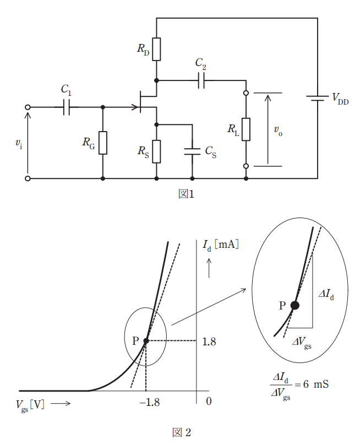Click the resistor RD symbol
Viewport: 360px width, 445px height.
156,50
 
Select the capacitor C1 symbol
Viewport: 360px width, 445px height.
67,107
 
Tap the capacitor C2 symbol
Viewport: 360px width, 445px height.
201,80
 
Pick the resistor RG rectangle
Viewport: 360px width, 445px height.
103,143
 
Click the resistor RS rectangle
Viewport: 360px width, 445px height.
156,151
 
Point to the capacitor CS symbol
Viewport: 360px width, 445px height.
192,151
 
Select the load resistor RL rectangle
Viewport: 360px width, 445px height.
246,129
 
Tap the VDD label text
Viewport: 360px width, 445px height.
340,99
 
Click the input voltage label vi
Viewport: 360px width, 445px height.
19,143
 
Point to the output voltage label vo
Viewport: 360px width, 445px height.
278,131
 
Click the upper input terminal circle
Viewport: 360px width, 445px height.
28,107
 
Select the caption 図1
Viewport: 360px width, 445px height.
186,194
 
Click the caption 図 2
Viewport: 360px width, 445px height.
182,432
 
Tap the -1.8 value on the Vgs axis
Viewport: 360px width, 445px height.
150,402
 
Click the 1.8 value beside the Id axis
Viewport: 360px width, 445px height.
209,341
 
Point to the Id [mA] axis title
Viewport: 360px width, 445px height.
220,245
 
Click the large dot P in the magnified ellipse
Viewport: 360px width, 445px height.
295,305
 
